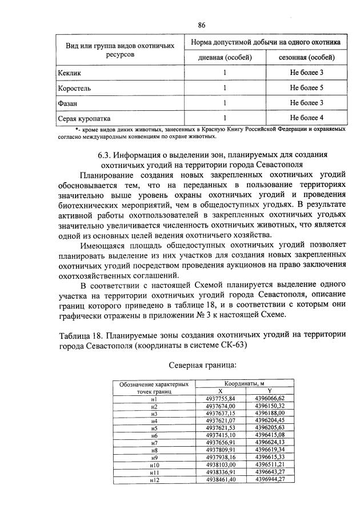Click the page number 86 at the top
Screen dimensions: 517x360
202,25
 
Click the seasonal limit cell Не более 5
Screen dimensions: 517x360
306,89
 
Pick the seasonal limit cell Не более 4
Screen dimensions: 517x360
306,118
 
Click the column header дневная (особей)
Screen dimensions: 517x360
225,58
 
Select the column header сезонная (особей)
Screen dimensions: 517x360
306,58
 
